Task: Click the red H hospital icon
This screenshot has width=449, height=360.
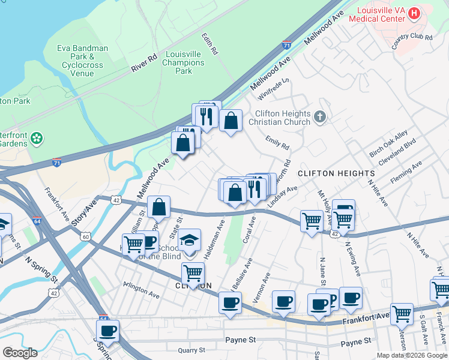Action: point(414,12)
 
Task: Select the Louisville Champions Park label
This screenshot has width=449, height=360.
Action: point(184,62)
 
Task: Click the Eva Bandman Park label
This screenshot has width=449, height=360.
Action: point(83,61)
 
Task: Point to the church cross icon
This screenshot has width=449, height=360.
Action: point(320,118)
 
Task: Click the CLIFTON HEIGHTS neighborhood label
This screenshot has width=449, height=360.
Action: point(337,173)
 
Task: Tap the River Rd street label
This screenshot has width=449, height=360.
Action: point(144,62)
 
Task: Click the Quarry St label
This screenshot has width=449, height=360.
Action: point(191,350)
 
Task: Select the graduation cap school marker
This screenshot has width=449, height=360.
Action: point(189,241)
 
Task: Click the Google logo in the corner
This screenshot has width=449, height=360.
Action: point(20,353)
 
